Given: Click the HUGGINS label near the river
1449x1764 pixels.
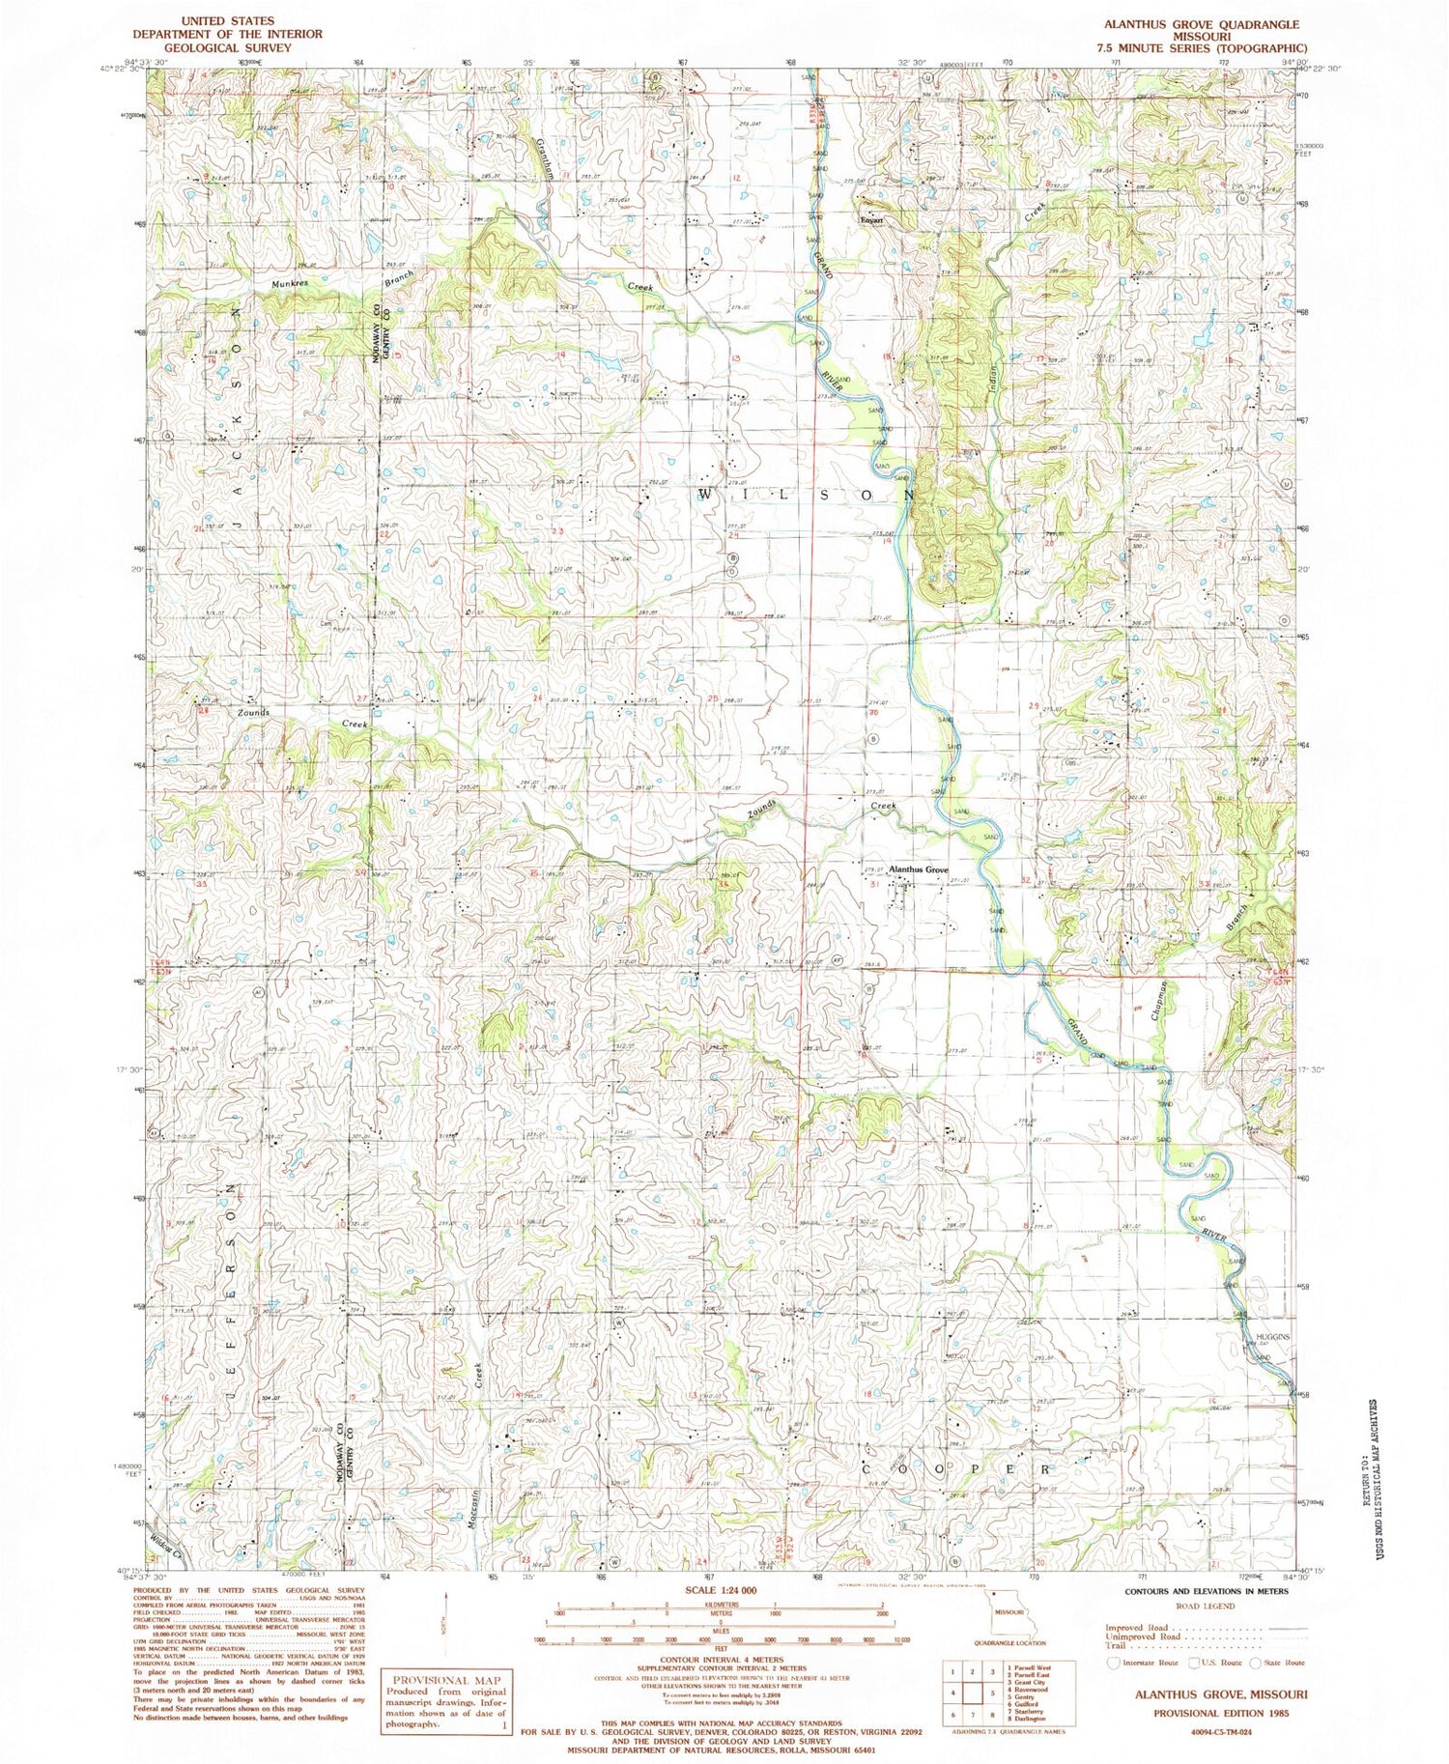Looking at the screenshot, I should coord(1272,1337).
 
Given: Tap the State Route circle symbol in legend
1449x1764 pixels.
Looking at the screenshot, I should coord(1256,1663).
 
